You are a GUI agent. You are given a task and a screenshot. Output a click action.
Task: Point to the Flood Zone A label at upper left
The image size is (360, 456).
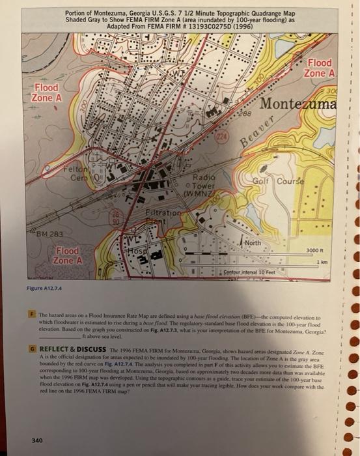[x=50, y=92]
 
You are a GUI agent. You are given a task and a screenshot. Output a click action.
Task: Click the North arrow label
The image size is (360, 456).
[x=256, y=243]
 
